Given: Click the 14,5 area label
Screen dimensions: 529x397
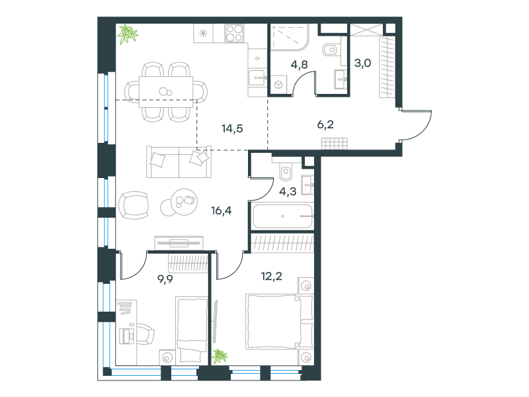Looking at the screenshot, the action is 232,128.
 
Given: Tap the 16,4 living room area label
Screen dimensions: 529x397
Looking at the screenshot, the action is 222,210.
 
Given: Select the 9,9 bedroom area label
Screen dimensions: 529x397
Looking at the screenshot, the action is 165,279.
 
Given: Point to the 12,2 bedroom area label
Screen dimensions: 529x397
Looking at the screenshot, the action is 272,277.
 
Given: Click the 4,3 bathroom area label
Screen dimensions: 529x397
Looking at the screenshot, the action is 288,191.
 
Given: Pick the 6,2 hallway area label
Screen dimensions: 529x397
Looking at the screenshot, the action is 325,124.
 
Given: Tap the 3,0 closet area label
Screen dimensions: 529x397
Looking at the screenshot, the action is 362,63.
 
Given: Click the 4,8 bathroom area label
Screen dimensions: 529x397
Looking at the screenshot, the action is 300,64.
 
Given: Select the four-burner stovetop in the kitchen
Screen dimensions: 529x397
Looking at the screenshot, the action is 234,34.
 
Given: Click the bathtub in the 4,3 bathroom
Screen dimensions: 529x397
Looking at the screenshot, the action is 282,216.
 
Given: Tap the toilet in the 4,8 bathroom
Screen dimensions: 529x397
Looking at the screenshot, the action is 331,50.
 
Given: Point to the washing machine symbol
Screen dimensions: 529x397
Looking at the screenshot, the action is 278,85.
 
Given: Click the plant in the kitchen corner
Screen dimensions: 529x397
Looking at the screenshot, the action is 128,34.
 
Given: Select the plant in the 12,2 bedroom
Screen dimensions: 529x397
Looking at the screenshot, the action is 220,356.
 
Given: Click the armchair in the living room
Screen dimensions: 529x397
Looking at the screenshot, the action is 134,205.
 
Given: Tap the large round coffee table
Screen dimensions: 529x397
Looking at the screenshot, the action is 184,202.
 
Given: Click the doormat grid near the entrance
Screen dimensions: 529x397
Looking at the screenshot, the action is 335,144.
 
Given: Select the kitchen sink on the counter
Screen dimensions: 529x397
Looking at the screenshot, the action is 257,78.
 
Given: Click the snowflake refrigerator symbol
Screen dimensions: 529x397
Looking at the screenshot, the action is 203,33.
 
